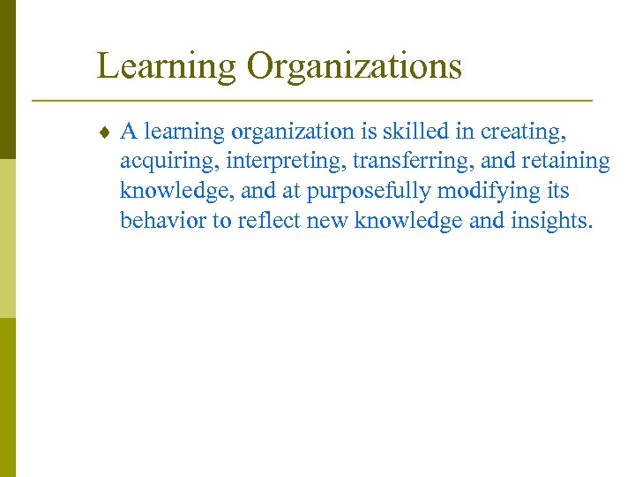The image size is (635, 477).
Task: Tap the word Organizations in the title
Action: click(x=355, y=67)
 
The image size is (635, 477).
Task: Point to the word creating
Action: click(x=527, y=132)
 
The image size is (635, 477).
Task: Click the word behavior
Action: click(x=163, y=220)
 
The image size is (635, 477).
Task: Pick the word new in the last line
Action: click(x=326, y=220)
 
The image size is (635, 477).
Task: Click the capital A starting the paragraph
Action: click(x=129, y=132)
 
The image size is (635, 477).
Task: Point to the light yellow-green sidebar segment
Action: click(x=7, y=238)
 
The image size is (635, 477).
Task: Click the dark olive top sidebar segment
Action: click(x=7, y=79)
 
